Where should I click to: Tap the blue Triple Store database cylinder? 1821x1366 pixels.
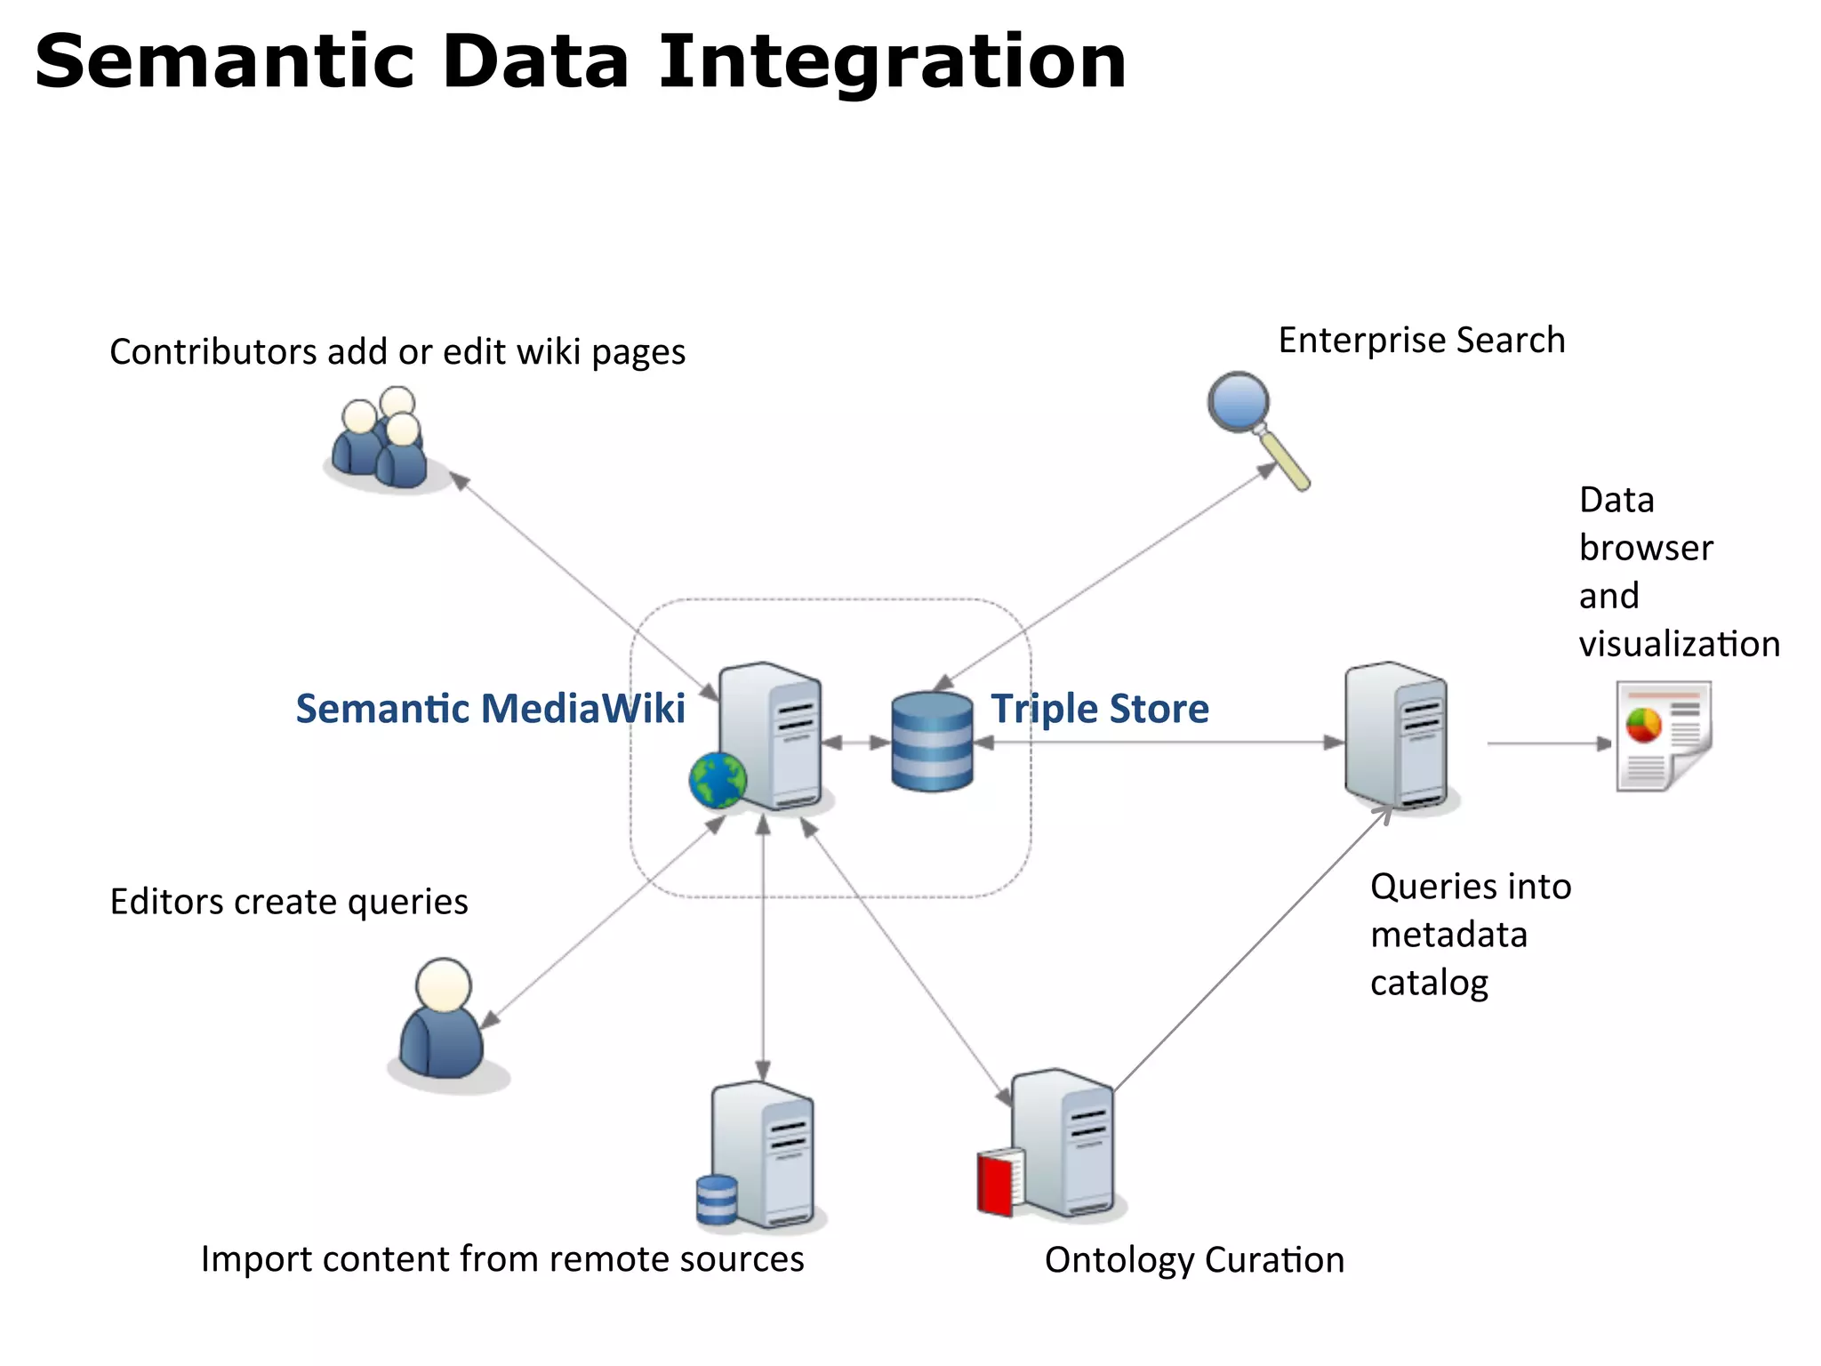(x=932, y=742)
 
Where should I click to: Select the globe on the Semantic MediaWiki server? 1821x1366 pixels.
(x=717, y=780)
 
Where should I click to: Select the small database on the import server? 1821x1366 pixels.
(x=717, y=1199)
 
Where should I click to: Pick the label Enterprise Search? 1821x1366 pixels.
(x=1421, y=341)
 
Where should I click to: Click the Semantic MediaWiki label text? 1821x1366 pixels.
(x=490, y=709)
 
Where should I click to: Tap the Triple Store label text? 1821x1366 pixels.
(x=1100, y=709)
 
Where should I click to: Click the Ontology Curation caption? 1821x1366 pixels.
(x=1193, y=1260)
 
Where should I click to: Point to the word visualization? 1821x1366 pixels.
(x=1679, y=644)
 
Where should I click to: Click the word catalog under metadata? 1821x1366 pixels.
(x=1428, y=983)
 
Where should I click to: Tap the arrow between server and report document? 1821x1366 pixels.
(x=1548, y=743)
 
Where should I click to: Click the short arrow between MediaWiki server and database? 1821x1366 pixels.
(x=855, y=743)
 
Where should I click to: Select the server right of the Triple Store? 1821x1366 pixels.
(x=1397, y=736)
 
